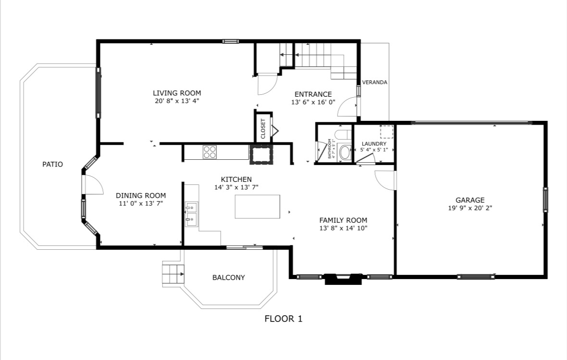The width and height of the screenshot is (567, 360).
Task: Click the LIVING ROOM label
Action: pyautogui.click(x=177, y=93)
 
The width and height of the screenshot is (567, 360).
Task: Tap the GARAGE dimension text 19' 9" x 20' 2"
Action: pyautogui.click(x=470, y=208)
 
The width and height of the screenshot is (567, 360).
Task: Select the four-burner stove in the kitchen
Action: pyautogui.click(x=210, y=152)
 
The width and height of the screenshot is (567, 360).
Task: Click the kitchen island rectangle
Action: pyautogui.click(x=257, y=206)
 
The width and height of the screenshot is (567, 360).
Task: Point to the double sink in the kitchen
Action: pyautogui.click(x=191, y=214)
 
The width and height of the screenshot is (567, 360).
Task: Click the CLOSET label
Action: pyautogui.click(x=263, y=129)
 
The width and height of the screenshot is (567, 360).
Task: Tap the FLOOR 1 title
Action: pyautogui.click(x=284, y=319)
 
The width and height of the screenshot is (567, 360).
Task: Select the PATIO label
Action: pyautogui.click(x=52, y=164)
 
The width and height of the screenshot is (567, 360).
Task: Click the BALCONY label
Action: pyautogui.click(x=228, y=278)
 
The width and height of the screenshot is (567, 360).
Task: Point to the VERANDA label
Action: pyautogui.click(x=375, y=82)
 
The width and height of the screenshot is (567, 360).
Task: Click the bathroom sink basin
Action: pyautogui.click(x=345, y=153)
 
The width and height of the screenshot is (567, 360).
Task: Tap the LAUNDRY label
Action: pyautogui.click(x=374, y=143)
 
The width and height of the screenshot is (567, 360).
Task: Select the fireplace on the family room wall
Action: pyautogui.click(x=343, y=279)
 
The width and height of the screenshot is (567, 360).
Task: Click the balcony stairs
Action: pyautogui.click(x=173, y=274)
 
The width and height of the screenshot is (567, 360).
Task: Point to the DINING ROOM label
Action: pyautogui.click(x=140, y=195)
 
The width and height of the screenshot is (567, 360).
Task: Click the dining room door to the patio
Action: pyautogui.click(x=92, y=185)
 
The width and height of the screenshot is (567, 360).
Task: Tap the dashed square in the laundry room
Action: pyautogui.click(x=387, y=132)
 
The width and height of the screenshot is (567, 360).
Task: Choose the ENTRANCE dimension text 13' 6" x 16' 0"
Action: pyautogui.click(x=313, y=103)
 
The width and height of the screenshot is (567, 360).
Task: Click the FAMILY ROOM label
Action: pyautogui.click(x=343, y=220)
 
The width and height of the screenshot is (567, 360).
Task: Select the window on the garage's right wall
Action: pyautogui.click(x=545, y=199)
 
